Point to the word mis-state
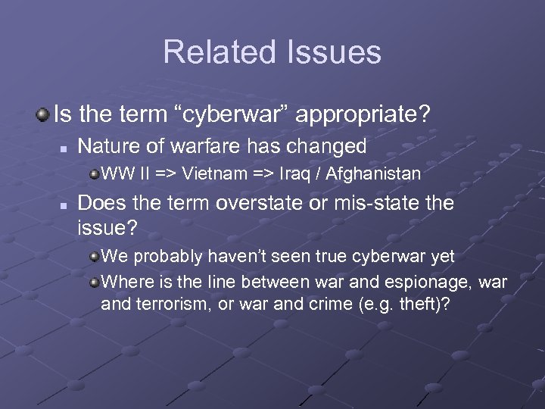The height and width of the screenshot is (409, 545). [375, 204]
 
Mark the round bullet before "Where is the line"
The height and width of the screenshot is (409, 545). [93, 283]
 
